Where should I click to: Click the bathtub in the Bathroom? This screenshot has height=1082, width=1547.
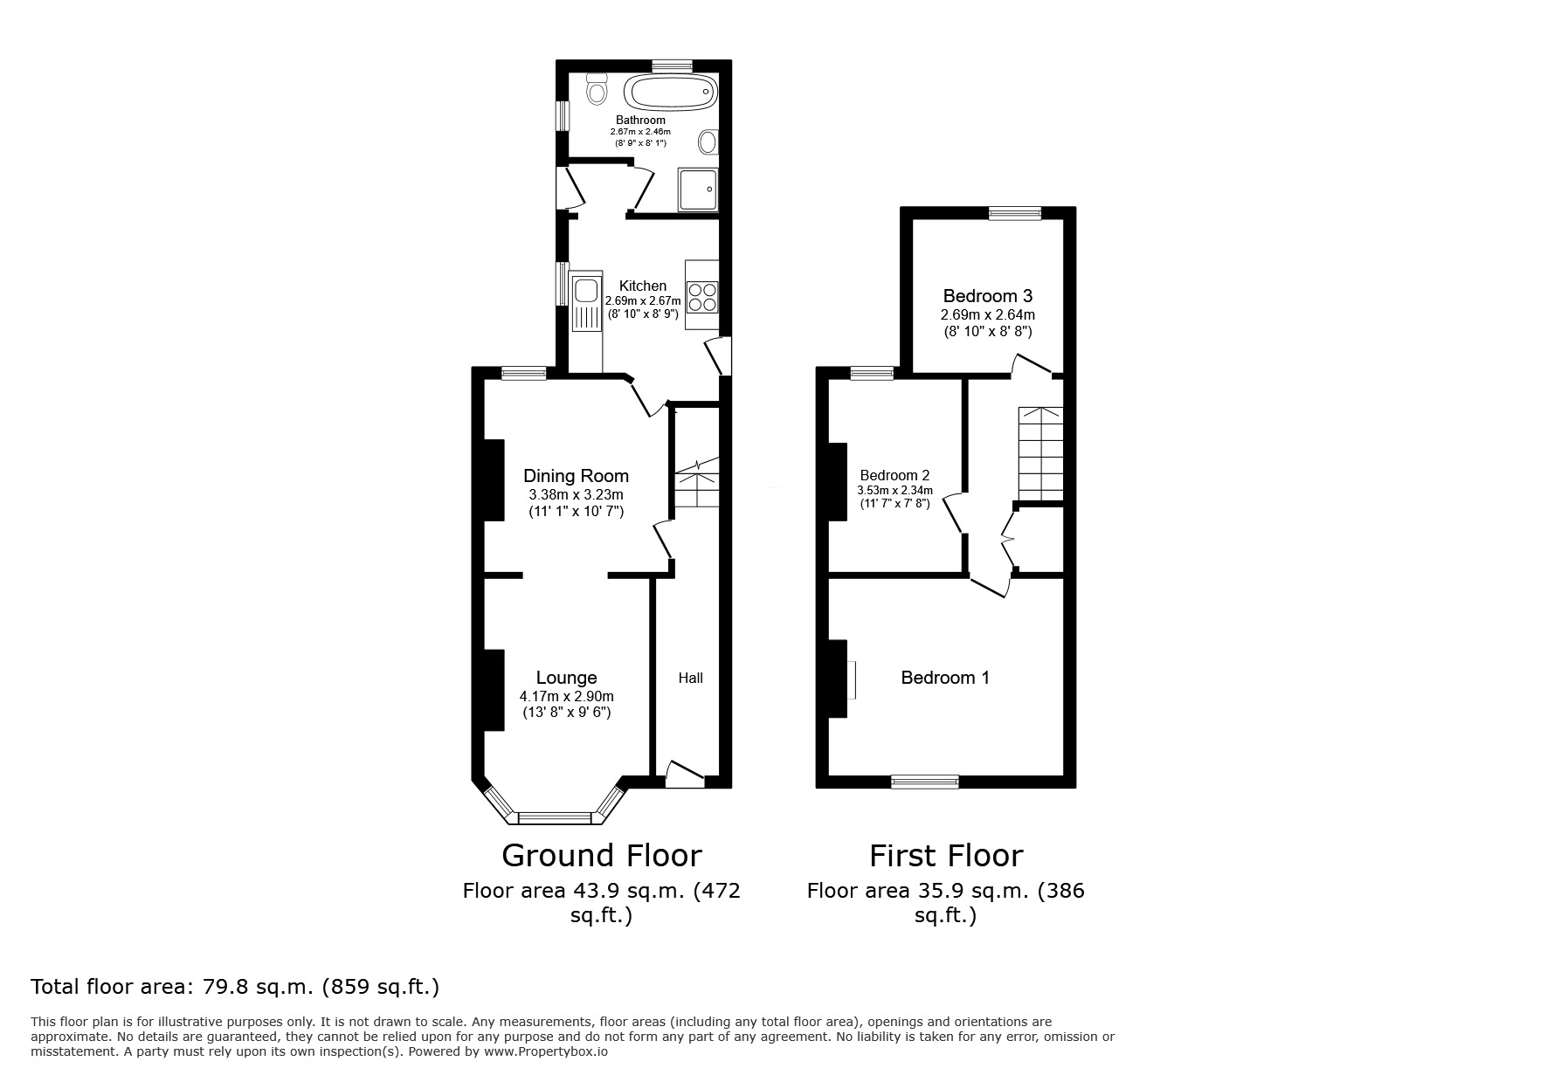pyautogui.click(x=670, y=92)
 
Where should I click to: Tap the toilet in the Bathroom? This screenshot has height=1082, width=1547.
pyautogui.click(x=597, y=89)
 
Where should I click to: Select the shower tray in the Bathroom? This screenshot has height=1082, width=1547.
pyautogui.click(x=698, y=190)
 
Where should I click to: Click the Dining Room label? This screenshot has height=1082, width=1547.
pyautogui.click(x=576, y=476)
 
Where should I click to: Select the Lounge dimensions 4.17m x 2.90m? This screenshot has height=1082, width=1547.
pyautogui.click(x=566, y=696)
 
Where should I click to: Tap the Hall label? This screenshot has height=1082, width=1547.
pyautogui.click(x=690, y=678)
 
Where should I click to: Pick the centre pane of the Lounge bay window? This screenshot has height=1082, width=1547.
pyautogui.click(x=555, y=818)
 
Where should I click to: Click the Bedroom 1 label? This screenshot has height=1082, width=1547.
pyautogui.click(x=945, y=678)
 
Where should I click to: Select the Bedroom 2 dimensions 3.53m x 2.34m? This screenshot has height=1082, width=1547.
pyautogui.click(x=894, y=491)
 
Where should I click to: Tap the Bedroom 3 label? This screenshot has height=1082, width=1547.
pyautogui.click(x=987, y=296)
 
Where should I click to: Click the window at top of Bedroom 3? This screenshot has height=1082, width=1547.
pyautogui.click(x=1014, y=212)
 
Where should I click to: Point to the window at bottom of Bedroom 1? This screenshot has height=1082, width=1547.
pyautogui.click(x=924, y=782)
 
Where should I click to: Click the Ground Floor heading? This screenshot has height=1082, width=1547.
pyautogui.click(x=601, y=855)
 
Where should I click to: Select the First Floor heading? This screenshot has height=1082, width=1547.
pyautogui.click(x=945, y=855)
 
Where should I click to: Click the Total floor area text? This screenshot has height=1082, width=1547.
pyautogui.click(x=235, y=987)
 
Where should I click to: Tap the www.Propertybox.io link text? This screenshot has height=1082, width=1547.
pyautogui.click(x=546, y=1051)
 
